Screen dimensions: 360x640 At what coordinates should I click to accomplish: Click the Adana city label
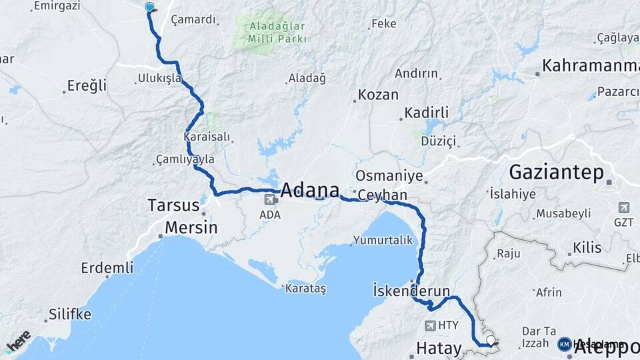(x=310, y=190)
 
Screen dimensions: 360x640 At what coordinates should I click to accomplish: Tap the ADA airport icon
(x=271, y=199)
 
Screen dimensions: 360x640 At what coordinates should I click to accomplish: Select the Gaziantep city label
(x=556, y=173)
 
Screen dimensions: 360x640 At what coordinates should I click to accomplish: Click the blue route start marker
(x=149, y=7)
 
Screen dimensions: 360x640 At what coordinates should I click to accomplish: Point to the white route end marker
(x=491, y=341)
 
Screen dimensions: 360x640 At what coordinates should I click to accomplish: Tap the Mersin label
(x=191, y=227)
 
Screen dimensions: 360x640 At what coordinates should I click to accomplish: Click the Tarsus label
(x=173, y=205)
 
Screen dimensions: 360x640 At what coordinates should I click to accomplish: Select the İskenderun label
(x=411, y=291)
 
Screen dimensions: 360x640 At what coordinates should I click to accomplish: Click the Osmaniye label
(x=389, y=176)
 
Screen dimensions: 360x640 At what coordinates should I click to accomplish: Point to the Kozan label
(x=378, y=95)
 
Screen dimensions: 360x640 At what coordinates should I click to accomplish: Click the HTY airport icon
(x=430, y=325)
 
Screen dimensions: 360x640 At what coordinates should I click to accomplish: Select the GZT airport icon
(x=624, y=207)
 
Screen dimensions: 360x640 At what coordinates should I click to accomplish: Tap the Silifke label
(x=69, y=314)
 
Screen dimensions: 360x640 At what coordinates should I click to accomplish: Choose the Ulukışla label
(x=159, y=79)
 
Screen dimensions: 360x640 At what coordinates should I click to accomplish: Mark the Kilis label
(x=587, y=248)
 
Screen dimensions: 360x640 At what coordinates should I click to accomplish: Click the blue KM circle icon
(x=564, y=344)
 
